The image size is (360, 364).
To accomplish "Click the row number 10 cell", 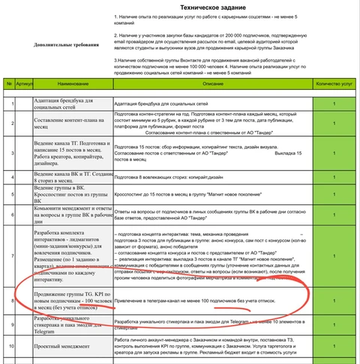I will click(x=7, y=348).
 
